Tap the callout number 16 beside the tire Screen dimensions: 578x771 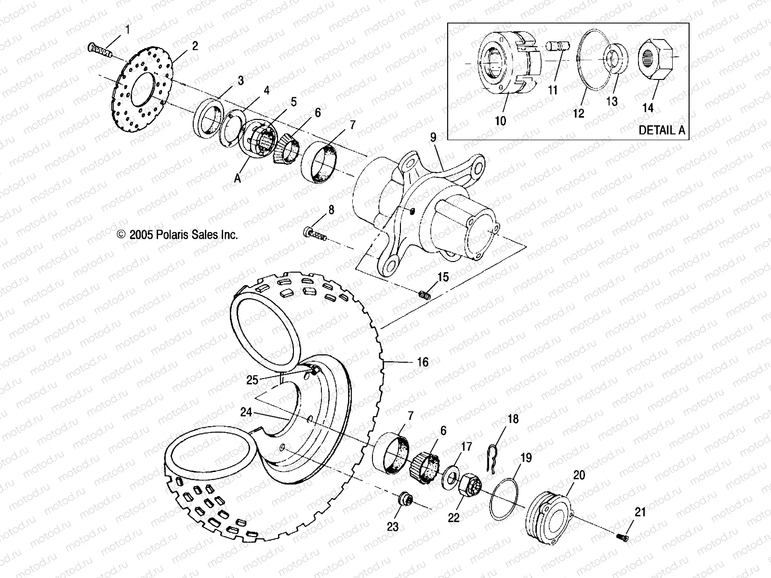[x=422, y=362]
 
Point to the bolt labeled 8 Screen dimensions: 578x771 [x=316, y=234]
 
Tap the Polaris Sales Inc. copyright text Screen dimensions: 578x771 [x=177, y=235]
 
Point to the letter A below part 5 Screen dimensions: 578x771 [x=237, y=178]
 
